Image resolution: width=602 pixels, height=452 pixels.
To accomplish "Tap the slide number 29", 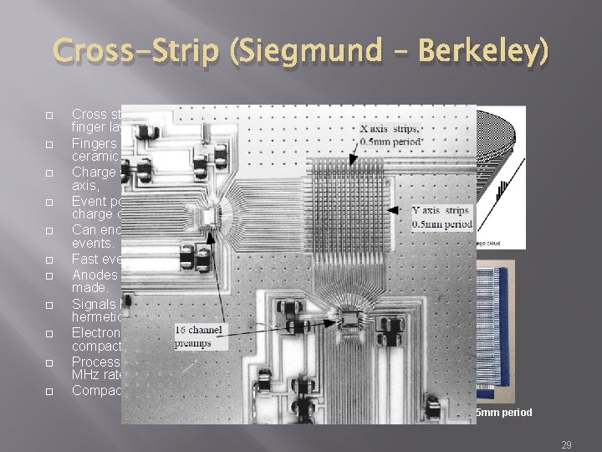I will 566,445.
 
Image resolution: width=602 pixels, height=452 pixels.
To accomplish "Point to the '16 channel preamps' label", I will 200,336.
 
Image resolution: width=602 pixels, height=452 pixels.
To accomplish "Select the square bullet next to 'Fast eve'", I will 49,259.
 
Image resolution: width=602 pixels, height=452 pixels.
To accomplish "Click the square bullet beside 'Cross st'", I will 49,115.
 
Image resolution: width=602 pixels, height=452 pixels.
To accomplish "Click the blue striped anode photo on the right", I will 501,326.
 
